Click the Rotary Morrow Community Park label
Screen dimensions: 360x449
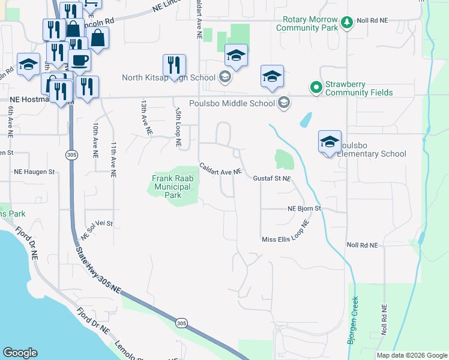click(307, 23)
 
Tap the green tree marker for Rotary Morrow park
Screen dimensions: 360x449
click(346, 23)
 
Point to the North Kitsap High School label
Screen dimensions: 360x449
click(169, 77)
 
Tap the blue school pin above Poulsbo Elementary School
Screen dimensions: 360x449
click(329, 142)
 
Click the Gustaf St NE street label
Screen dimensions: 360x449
click(271, 179)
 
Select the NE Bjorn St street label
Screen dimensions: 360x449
click(305, 209)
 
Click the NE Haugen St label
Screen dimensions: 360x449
click(35, 172)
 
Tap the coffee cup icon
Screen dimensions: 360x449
click(79, 61)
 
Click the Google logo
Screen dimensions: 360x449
click(20, 353)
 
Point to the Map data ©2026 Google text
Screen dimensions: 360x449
click(412, 355)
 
